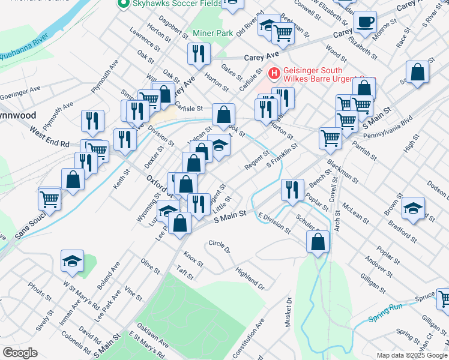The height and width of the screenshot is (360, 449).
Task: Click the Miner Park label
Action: [212, 34]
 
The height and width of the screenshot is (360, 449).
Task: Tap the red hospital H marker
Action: [274, 74]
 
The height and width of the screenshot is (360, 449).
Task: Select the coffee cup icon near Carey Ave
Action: [365, 23]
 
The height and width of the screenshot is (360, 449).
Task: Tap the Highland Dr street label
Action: [250, 278]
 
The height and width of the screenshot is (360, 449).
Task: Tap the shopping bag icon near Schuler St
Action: [318, 242]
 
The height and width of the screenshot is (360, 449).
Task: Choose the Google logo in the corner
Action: [20, 352]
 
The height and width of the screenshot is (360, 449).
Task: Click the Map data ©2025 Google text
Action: [411, 355]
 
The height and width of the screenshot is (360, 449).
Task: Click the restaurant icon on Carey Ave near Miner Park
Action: [198, 54]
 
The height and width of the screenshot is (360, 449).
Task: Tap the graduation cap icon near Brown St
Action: [412, 208]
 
